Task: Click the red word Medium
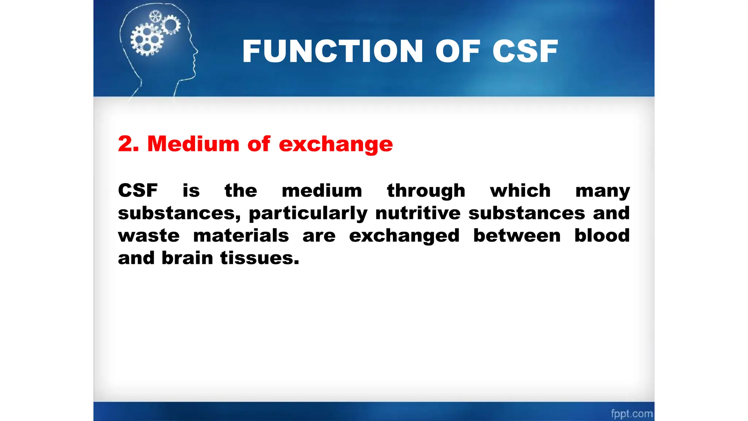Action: [193, 144]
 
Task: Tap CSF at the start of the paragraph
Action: [138, 190]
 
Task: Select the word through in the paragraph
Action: [426, 191]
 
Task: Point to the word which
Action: [520, 190]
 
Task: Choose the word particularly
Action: [308, 213]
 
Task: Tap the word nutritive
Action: [418, 213]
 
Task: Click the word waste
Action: [149, 235]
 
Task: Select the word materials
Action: [241, 235]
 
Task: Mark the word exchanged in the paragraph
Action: [404, 236]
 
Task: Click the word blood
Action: [602, 235]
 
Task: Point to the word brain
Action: [187, 258]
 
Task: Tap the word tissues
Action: [259, 258]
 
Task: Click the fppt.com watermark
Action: [631, 414]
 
